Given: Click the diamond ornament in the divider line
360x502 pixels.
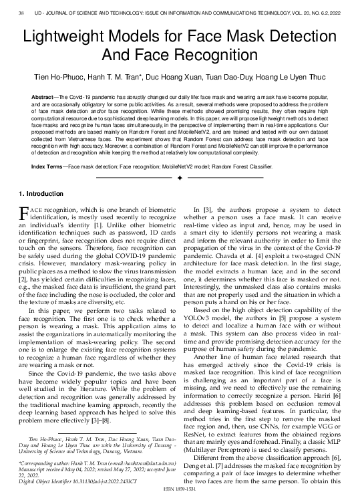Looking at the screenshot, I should click(180, 178).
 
